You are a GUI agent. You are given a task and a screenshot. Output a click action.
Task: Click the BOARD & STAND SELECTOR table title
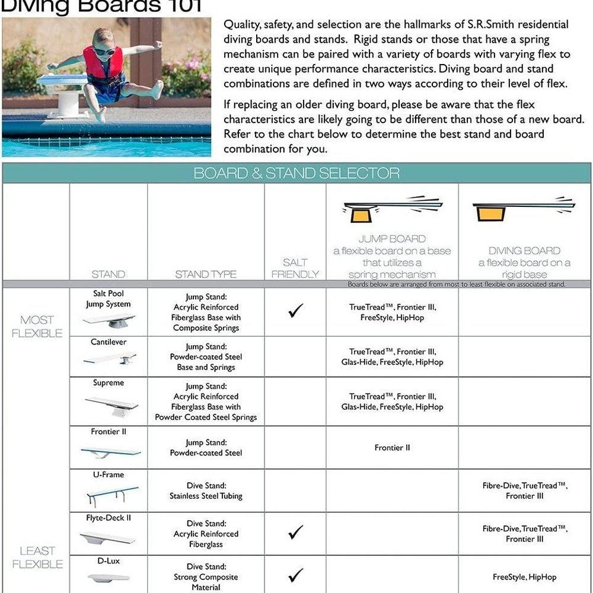pyautogui.click(x=296, y=173)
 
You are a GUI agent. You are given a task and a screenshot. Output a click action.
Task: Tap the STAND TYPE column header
pyautogui.click(x=206, y=274)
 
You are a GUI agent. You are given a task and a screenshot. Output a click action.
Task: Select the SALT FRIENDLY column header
pyautogui.click(x=295, y=268)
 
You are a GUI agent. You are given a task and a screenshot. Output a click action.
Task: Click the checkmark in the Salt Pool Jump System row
pyautogui.click(x=295, y=311)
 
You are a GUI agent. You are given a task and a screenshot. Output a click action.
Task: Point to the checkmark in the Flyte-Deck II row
pyautogui.click(x=295, y=532)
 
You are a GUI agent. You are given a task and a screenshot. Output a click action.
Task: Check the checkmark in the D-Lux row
pyautogui.click(x=295, y=575)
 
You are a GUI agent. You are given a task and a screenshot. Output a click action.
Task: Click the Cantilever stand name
pyautogui.click(x=109, y=342)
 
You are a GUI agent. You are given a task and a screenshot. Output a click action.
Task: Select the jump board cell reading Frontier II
pyautogui.click(x=392, y=448)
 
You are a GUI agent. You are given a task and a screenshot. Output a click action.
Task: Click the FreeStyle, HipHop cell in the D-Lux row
pyautogui.click(x=524, y=576)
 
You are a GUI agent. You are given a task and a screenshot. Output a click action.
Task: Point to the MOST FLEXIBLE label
pyautogui.click(x=37, y=327)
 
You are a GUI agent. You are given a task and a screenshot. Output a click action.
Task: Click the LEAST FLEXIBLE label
pyautogui.click(x=37, y=557)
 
